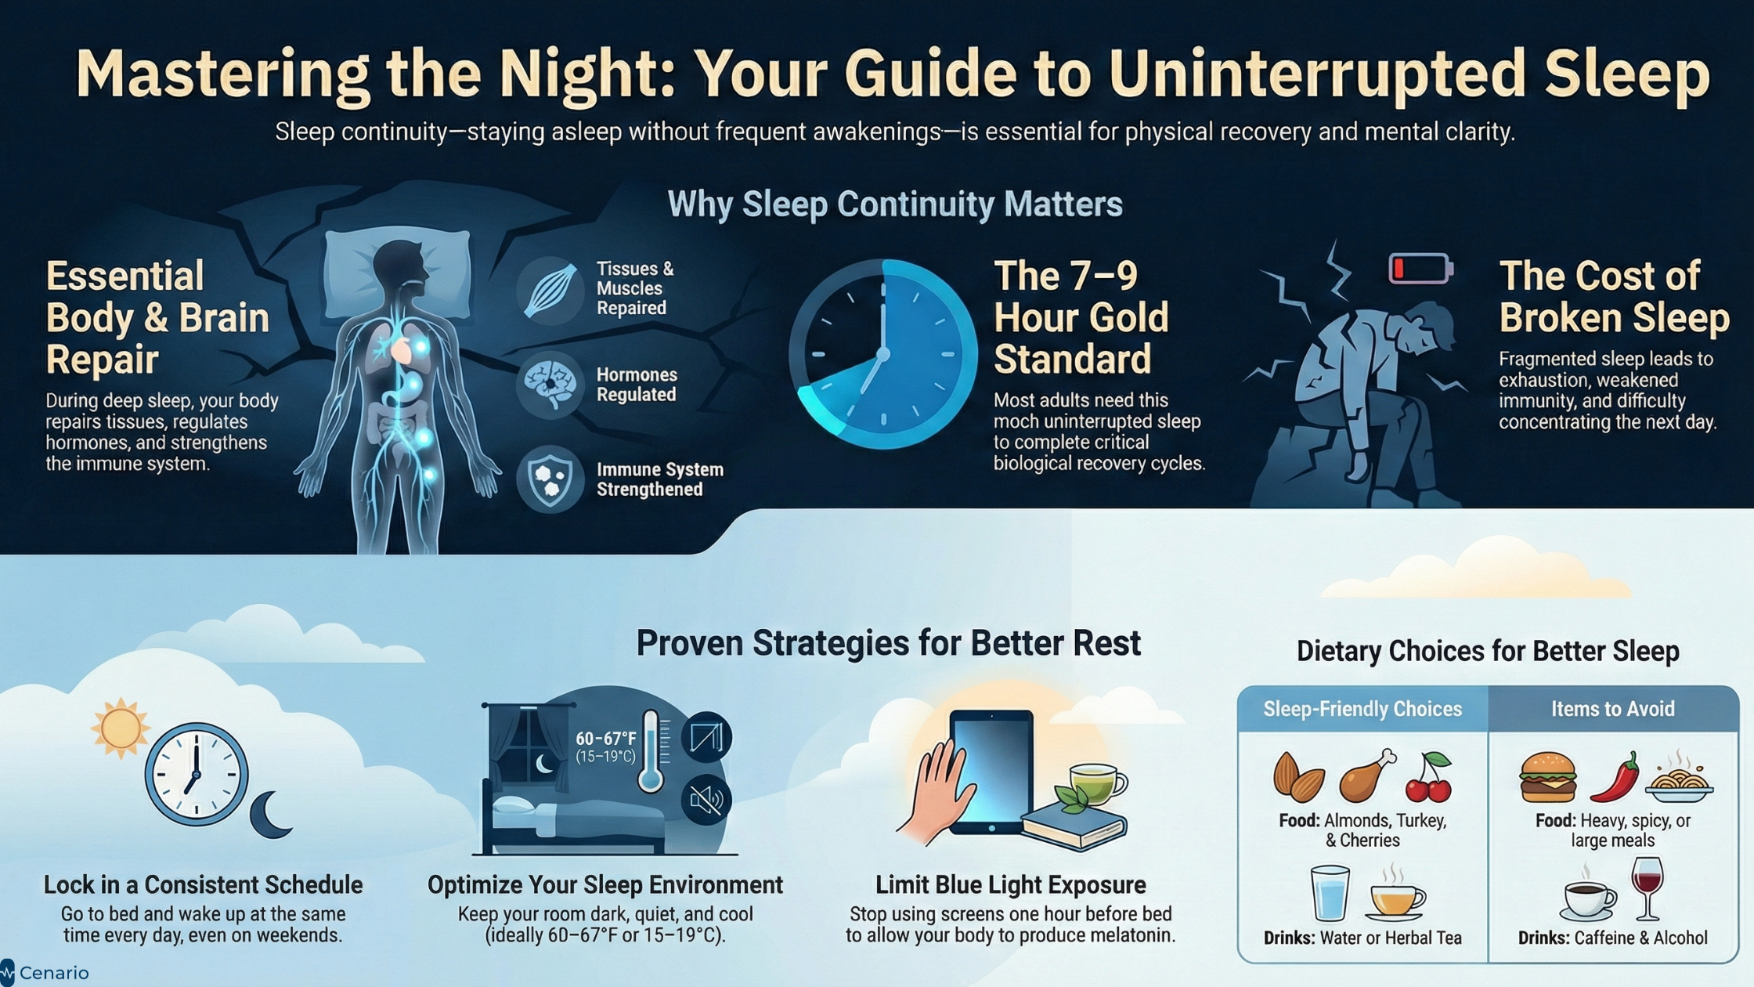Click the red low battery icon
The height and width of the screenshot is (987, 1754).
tap(1420, 268)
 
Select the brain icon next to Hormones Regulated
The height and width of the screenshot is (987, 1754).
tap(550, 385)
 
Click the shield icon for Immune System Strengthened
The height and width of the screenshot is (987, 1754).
tap(550, 479)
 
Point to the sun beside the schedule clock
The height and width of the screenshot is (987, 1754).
tap(120, 728)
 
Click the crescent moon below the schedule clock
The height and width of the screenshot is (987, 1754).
tap(270, 815)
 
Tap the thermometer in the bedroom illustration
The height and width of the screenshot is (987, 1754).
tap(650, 750)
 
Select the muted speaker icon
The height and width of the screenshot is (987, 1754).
tap(706, 800)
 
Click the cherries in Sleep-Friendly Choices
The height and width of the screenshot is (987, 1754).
tap(1429, 778)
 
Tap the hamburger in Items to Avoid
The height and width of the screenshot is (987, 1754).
tap(1547, 777)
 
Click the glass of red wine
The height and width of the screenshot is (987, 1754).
tap(1648, 888)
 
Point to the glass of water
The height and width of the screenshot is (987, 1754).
tap(1330, 892)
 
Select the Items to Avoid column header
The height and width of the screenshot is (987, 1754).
tap(1613, 709)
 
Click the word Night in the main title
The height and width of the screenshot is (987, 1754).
tap(587, 74)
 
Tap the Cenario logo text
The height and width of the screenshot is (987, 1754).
tap(54, 973)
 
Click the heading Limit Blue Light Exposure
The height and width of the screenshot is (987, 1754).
tap(1010, 885)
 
